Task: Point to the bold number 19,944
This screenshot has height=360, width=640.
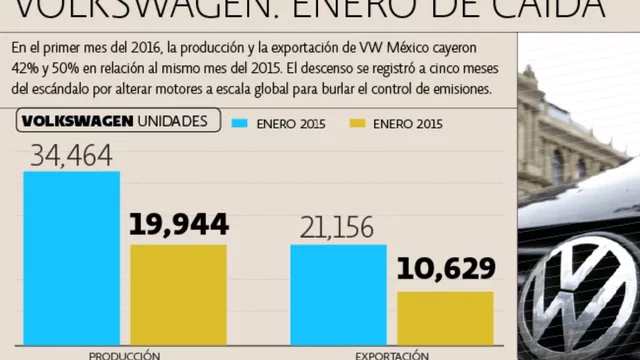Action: point(178,225)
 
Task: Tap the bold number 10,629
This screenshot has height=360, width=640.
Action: point(446,268)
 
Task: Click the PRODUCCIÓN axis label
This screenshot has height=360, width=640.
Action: point(124,354)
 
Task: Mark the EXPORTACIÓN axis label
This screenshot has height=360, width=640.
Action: point(392,354)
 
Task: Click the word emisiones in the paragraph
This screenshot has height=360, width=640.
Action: point(460,87)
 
